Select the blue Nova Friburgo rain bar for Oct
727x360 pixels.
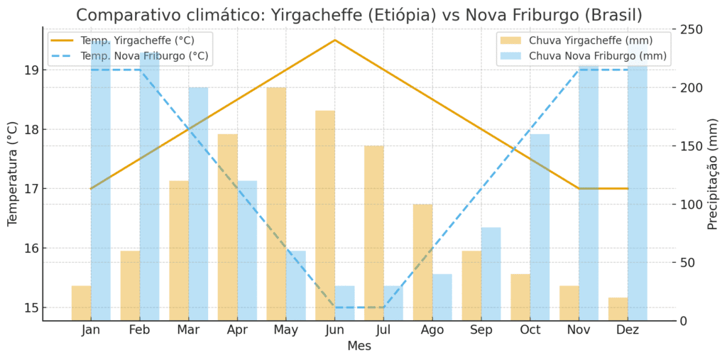click(540, 227)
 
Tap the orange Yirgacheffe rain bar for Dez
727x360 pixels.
click(618, 309)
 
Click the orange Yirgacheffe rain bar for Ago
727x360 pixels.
click(422, 262)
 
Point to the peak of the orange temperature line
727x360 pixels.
click(335, 40)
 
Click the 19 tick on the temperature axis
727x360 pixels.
click(31, 70)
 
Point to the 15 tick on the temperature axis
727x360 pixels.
click(31, 308)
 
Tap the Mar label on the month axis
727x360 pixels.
click(188, 330)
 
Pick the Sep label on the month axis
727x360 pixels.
click(481, 330)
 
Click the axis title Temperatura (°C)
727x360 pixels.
click(13, 175)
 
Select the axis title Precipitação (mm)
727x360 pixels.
click(713, 175)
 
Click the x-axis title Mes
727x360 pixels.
click(359, 347)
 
